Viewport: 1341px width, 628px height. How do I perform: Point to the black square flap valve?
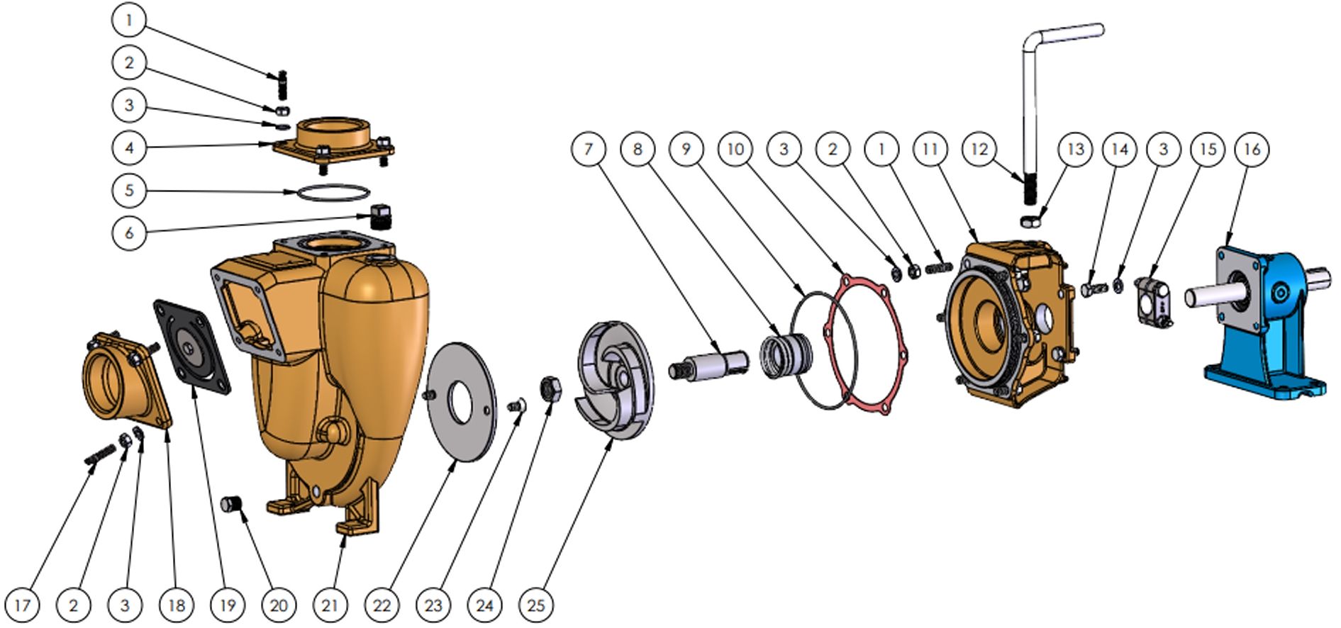pyautogui.click(x=193, y=344)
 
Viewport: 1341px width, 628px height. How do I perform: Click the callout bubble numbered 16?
pyautogui.click(x=1252, y=149)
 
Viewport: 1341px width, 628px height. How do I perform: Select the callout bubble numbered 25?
pyautogui.click(x=536, y=605)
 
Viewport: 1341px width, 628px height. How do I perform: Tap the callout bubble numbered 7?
pyautogui.click(x=588, y=149)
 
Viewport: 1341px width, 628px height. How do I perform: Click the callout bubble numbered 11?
pyautogui.click(x=930, y=149)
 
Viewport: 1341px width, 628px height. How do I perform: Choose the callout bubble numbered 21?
pyautogui.click(x=330, y=605)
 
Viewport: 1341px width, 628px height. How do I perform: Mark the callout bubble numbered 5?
pyautogui.click(x=129, y=190)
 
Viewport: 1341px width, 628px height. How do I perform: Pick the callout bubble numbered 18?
pyautogui.click(x=176, y=605)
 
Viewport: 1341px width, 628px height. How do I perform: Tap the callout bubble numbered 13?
pyautogui.click(x=1075, y=149)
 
